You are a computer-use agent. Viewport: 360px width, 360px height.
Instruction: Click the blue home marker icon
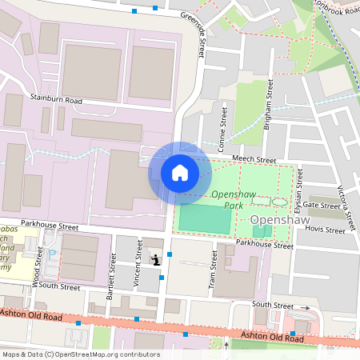180,173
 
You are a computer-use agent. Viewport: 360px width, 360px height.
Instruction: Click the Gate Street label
323,206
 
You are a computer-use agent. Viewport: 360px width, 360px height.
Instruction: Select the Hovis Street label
330,229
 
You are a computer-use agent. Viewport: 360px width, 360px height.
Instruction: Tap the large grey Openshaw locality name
280,218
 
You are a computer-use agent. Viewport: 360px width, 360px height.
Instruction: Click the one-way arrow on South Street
306,307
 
